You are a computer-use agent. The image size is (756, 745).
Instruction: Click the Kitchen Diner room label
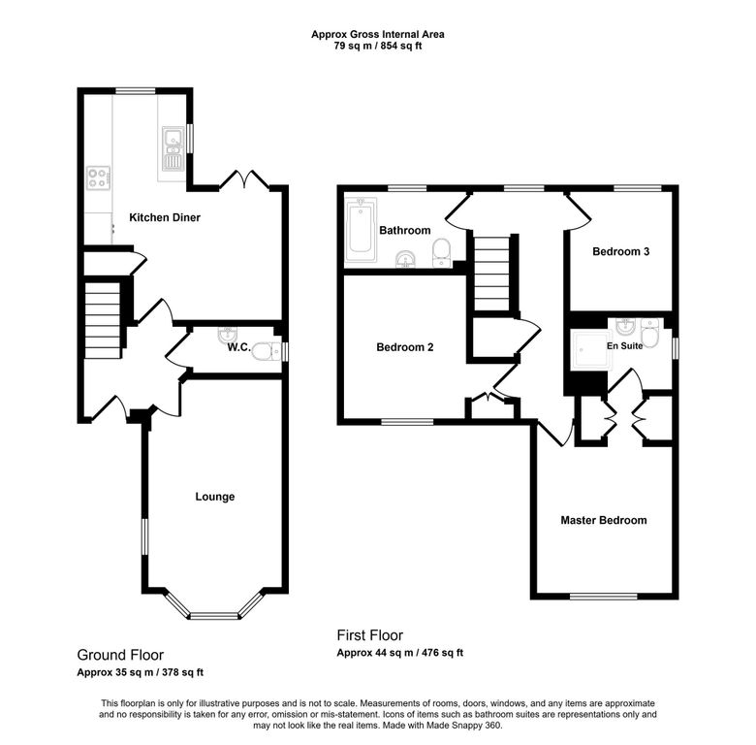coord(165,217)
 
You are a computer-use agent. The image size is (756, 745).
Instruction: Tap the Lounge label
coord(214,497)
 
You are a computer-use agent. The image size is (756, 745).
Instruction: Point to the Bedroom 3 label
coord(620,251)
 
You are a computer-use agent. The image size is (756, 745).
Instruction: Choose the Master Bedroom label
coord(603,520)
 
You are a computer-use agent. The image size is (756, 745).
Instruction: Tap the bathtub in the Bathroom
coord(361,229)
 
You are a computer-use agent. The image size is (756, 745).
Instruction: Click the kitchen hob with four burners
coord(98,178)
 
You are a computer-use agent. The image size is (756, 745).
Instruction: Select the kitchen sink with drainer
coord(173,148)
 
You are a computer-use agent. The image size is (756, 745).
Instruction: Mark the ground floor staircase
coord(102,318)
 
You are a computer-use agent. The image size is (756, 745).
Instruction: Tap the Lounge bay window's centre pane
coord(214,615)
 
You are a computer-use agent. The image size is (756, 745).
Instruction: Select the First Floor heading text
coord(370,635)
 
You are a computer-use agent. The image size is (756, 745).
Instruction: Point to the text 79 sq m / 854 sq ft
coord(378,46)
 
